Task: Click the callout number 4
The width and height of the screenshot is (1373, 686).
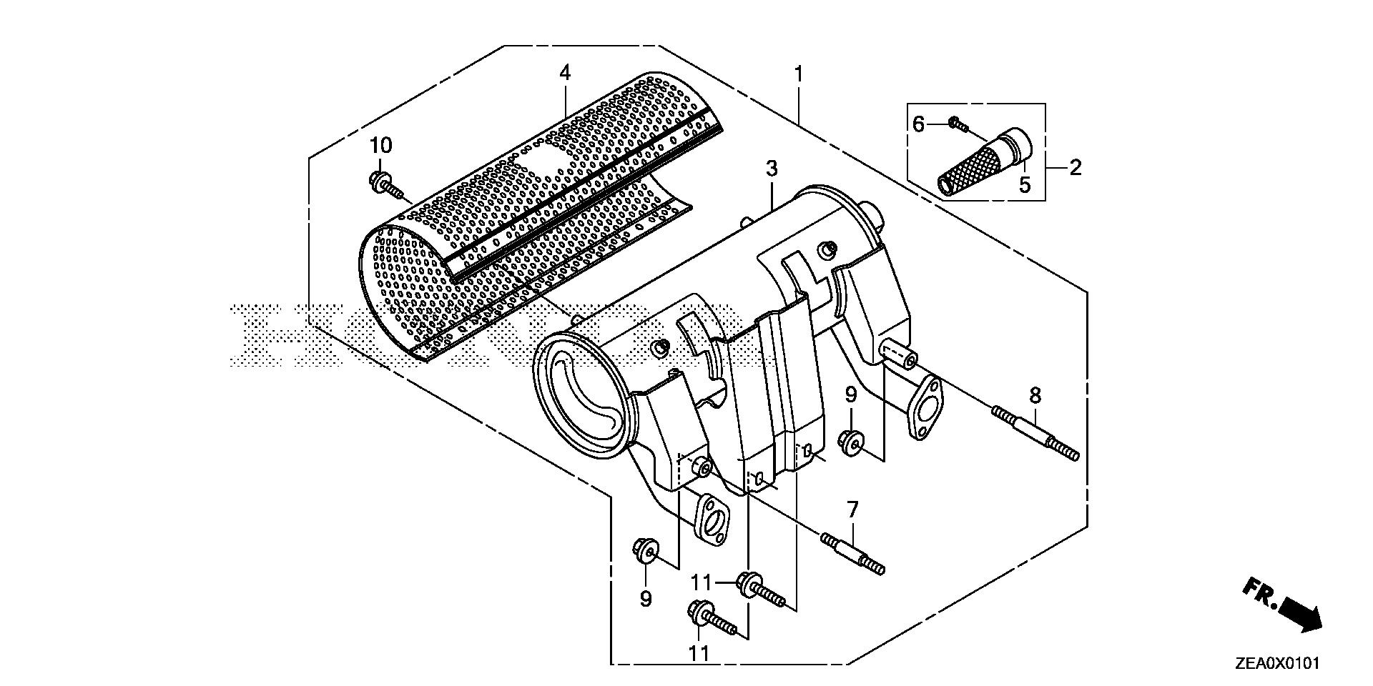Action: tap(565, 72)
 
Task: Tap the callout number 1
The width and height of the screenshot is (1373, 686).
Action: tap(798, 74)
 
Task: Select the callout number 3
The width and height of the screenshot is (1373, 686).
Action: tap(771, 169)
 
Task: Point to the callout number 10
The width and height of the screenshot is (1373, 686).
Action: tap(380, 146)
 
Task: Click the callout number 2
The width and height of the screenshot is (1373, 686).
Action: tap(1075, 169)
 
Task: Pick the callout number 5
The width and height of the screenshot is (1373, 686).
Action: tap(1025, 186)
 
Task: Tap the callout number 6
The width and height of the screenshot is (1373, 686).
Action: tap(919, 124)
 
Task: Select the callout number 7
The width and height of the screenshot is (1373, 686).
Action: tap(852, 510)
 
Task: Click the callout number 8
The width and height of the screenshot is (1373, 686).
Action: tap(1035, 395)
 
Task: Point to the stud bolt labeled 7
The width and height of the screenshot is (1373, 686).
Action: tap(854, 555)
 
